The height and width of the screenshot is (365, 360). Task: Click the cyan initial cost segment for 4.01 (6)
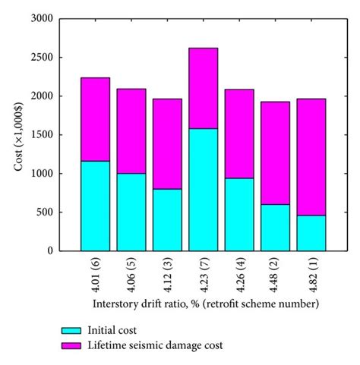click(x=94, y=206)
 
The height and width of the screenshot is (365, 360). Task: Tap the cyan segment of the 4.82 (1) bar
click(x=311, y=233)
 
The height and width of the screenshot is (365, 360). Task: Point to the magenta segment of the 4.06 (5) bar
click(x=131, y=131)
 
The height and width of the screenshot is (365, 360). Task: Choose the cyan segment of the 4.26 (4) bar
click(x=239, y=214)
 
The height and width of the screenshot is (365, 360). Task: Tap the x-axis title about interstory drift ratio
click(x=202, y=304)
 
